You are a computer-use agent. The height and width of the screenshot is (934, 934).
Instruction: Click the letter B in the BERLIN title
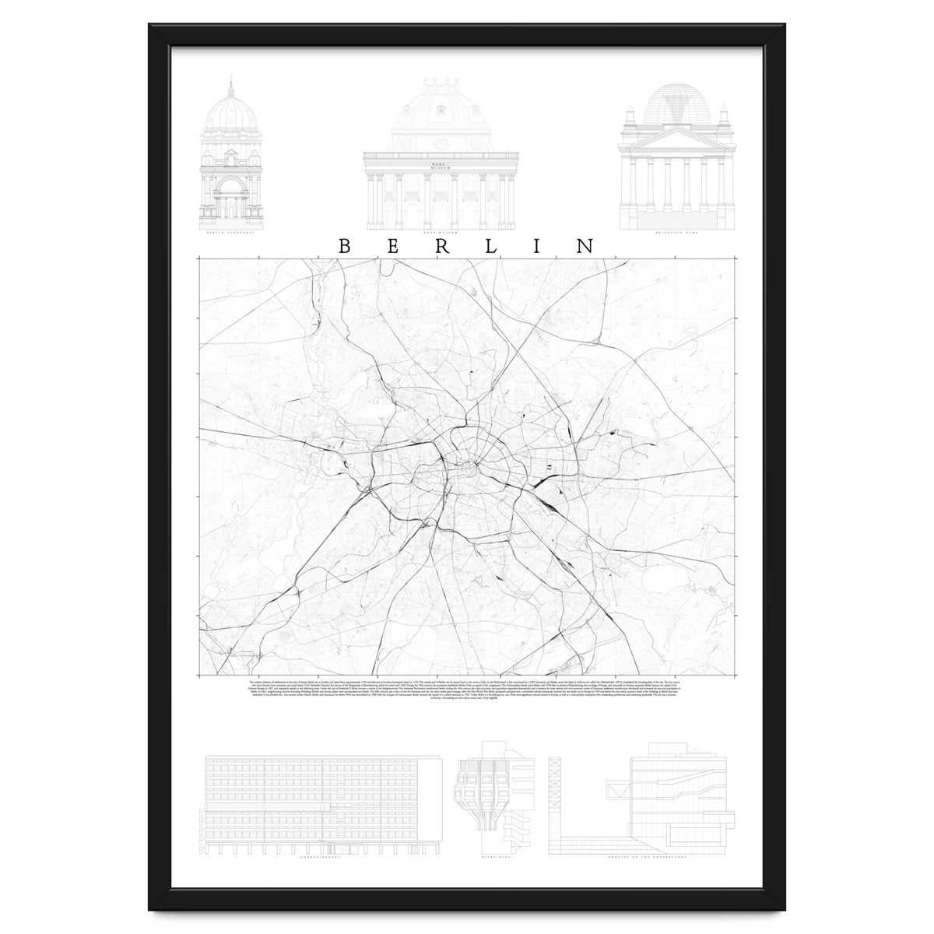click(x=345, y=246)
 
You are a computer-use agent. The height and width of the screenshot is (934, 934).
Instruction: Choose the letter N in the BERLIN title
click(x=585, y=246)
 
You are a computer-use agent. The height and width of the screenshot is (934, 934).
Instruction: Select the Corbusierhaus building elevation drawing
click(x=311, y=802)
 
